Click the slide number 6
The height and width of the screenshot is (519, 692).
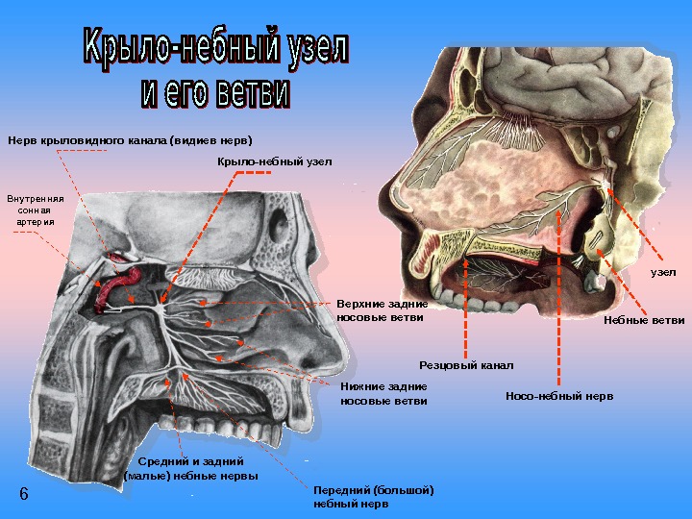click(24, 493)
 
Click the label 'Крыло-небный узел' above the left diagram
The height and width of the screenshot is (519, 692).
click(273, 161)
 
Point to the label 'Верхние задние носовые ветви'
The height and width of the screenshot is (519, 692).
click(382, 310)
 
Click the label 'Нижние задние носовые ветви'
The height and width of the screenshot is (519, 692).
click(383, 393)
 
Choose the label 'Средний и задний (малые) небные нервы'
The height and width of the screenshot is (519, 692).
click(191, 469)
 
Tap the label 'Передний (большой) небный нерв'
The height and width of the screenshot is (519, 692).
click(373, 496)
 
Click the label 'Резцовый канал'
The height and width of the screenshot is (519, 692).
click(466, 365)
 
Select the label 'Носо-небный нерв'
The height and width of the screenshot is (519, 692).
click(558, 395)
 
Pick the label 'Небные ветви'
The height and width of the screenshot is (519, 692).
click(644, 320)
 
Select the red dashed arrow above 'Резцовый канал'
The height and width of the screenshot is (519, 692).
click(466, 308)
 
